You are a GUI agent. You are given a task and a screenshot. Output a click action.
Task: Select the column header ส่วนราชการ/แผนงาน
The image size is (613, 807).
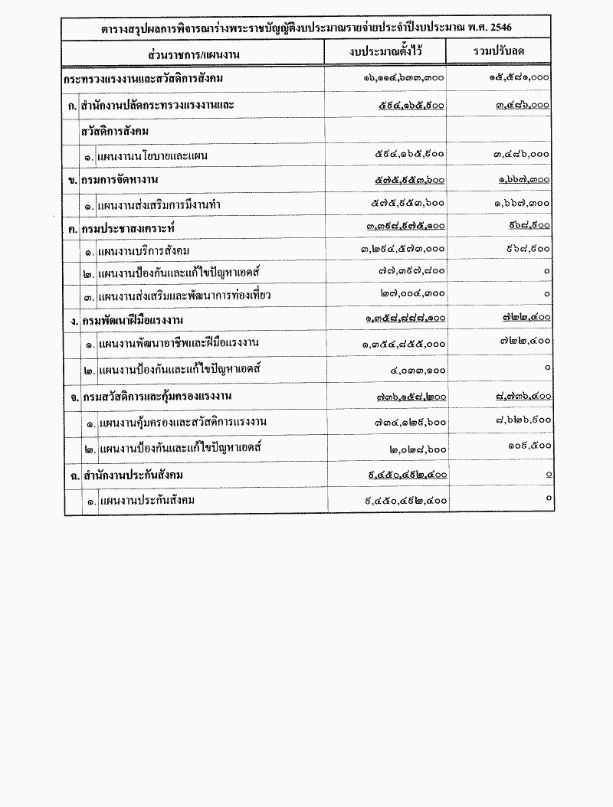click(x=195, y=54)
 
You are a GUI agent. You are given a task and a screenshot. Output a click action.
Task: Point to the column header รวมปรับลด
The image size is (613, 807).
click(x=499, y=52)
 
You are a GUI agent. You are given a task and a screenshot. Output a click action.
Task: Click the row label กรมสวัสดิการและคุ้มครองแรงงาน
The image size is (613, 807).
click(x=157, y=397)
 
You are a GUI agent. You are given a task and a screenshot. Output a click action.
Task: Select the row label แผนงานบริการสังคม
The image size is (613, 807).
click(x=144, y=251)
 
